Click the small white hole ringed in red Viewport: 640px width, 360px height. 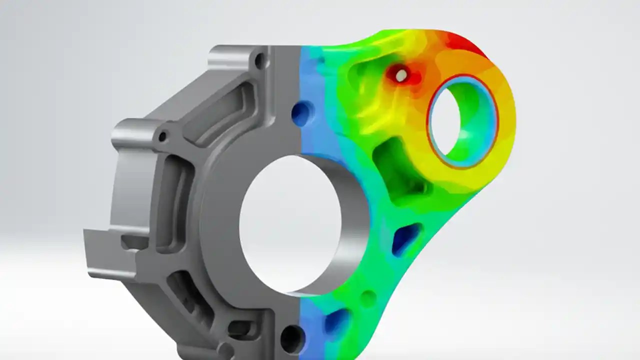tap(401, 75)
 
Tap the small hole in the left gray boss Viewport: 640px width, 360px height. tap(162, 136)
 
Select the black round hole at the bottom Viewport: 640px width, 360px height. tap(291, 338)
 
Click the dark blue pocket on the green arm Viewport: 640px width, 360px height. tap(406, 238)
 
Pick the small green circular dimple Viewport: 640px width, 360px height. tap(368, 298)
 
